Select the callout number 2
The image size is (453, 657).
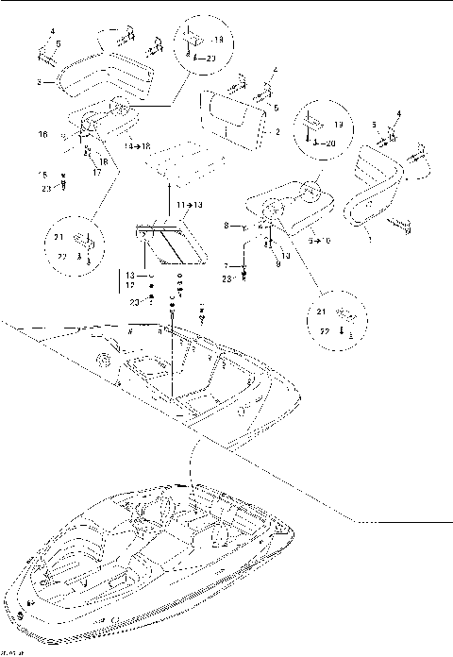[x=277, y=133]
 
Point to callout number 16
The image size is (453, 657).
[x=43, y=135]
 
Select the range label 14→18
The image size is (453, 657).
[x=138, y=147]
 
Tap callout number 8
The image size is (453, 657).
[x=227, y=226]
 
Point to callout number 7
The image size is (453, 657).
[x=227, y=268]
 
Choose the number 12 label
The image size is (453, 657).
[x=130, y=284]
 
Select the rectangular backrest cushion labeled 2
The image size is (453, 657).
[x=232, y=114]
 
